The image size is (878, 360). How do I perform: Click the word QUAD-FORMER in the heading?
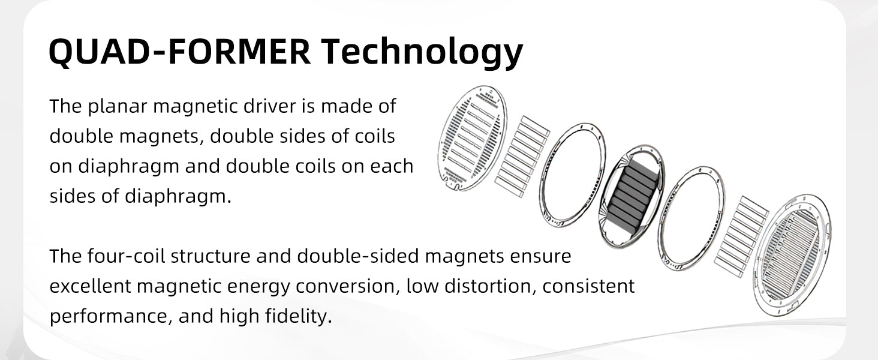coord(180,52)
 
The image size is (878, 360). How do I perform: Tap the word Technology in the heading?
coord(422,53)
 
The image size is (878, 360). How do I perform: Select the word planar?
coord(117,107)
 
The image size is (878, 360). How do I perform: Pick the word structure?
coord(211,256)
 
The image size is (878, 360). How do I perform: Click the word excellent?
coord(90,286)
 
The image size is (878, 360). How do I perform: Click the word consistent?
coord(589,286)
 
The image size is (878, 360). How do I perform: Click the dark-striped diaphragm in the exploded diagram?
coord(632,196)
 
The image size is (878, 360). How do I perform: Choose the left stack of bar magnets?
coord(522,157)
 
